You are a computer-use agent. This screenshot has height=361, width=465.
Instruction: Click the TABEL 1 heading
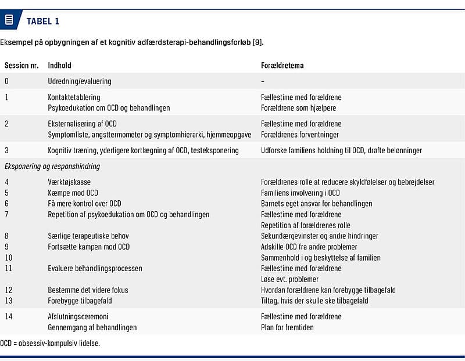pyautogui.click(x=42, y=21)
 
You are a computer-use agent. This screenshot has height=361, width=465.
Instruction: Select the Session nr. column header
pyautogui.click(x=21, y=66)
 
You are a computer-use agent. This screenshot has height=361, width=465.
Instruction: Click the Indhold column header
pyautogui.click(x=59, y=66)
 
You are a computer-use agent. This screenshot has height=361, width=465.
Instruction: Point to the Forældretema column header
pyautogui.click(x=282, y=66)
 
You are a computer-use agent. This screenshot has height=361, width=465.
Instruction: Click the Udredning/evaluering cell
pyautogui.click(x=79, y=81)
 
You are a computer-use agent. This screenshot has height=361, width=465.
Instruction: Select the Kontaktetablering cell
pyautogui.click(x=74, y=98)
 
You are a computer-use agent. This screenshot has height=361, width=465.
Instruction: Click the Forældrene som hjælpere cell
pyautogui.click(x=298, y=108)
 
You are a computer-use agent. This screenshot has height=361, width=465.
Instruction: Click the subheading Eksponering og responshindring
pyautogui.click(x=52, y=166)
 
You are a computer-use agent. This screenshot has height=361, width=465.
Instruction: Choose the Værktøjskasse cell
pyautogui.click(x=66, y=182)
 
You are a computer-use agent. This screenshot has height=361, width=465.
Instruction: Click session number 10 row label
pyautogui.click(x=9, y=258)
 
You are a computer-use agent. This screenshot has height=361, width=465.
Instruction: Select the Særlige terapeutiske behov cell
pyautogui.click(x=88, y=236)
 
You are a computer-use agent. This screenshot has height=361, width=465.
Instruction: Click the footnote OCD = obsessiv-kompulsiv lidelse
pyautogui.click(x=50, y=343)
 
